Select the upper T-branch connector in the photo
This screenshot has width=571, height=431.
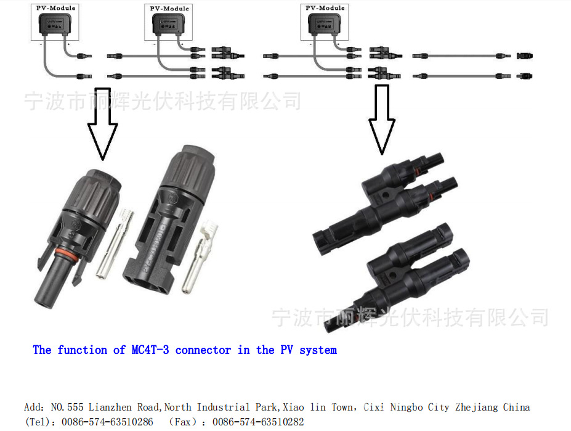[394, 197]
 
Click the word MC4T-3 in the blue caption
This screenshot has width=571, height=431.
[150, 350]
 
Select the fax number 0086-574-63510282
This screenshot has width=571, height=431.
[258, 422]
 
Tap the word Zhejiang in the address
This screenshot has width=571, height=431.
[477, 408]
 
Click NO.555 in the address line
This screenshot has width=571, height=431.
[68, 408]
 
